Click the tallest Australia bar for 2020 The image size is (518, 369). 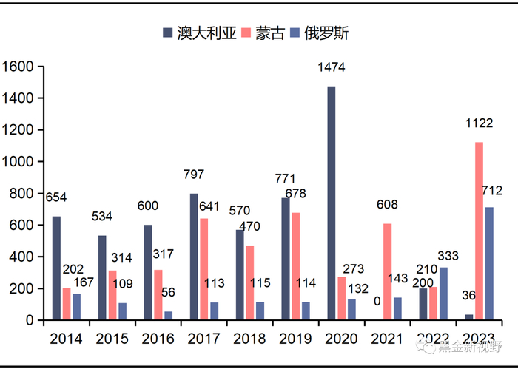[x=332, y=203]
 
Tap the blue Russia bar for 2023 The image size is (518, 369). [x=489, y=263]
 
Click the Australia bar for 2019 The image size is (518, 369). [x=286, y=259]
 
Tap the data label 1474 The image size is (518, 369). [x=332, y=68]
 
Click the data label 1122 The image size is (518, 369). [x=479, y=123]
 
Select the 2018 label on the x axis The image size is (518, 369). [x=250, y=339]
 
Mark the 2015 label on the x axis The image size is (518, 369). [x=112, y=339]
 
